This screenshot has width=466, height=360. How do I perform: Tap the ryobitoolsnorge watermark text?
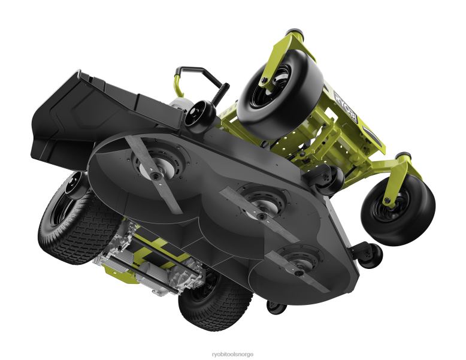232,354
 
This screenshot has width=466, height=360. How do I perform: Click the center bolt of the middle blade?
261,216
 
